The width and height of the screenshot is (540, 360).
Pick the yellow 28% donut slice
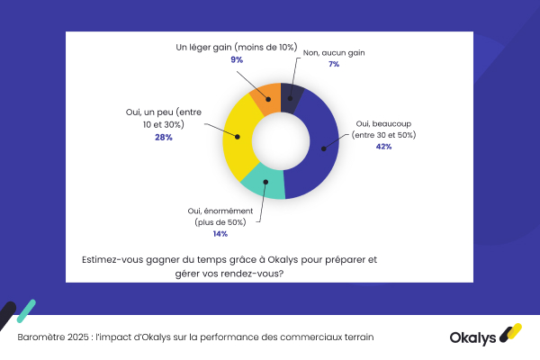pos(238,137)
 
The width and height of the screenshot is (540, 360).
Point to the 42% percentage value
pos(383,147)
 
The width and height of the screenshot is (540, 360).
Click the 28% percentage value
pos(163,137)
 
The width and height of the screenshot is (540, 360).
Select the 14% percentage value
pos(220,233)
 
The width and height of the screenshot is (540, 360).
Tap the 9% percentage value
pos(237,59)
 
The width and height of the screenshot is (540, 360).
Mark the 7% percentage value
pos(333,64)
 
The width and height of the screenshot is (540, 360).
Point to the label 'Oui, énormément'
pos(220,209)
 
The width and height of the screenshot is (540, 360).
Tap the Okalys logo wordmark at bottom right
pos(474,337)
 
